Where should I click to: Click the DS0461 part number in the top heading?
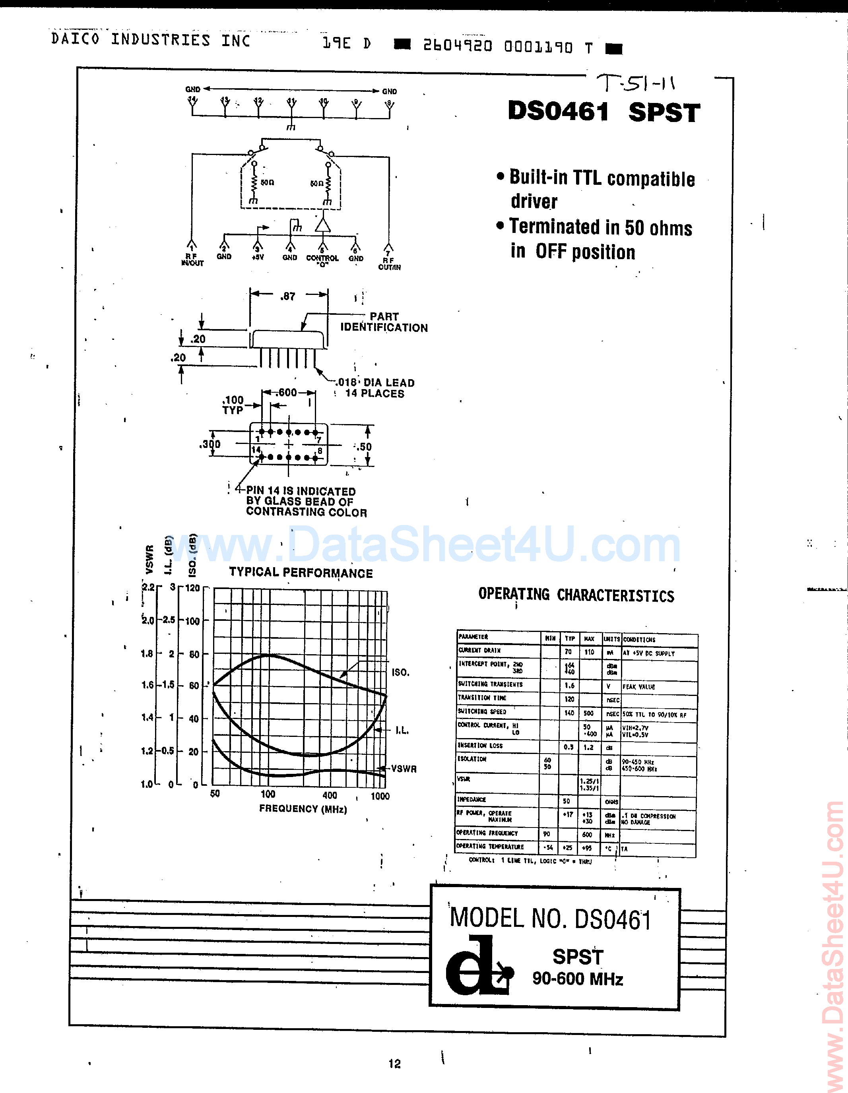tap(558, 111)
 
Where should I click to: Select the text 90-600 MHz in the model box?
tap(577, 979)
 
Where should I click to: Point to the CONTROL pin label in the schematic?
tap(322, 258)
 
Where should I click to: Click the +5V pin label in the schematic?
tap(257, 257)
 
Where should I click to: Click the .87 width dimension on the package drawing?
tap(288, 296)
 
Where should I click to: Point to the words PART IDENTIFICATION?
tap(384, 322)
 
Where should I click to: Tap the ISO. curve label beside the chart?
tap(400, 672)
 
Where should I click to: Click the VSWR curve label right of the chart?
tap(404, 769)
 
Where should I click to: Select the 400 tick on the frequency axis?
tap(330, 795)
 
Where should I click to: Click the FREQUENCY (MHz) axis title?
tap(303, 809)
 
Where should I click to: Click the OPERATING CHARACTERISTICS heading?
tap(576, 595)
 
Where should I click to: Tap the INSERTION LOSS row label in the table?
tap(480, 746)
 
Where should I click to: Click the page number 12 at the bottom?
tap(394, 1064)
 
